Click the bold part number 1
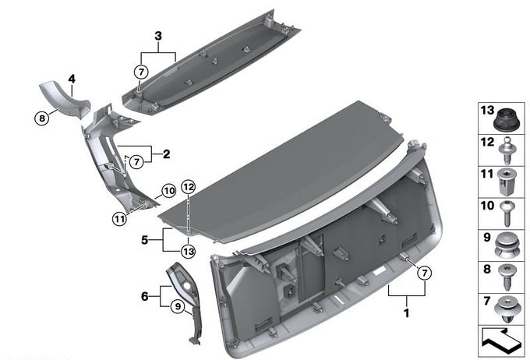407,312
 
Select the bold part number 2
166,154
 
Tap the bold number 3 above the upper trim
158,36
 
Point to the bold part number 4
72,79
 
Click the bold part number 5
145,240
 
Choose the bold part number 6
145,296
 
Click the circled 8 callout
42,118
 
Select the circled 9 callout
178,306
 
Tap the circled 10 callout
169,191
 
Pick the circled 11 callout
119,219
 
